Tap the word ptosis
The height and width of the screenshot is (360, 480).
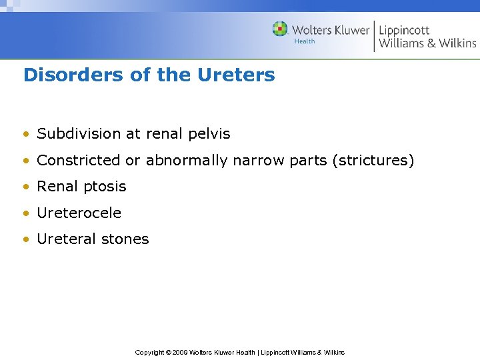pyautogui.click(x=104, y=187)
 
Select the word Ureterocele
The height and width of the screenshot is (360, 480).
pyautogui.click(x=79, y=213)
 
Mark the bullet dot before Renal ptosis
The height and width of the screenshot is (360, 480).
pyautogui.click(x=26, y=187)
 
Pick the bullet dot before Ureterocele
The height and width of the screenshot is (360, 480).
pyautogui.click(x=26, y=213)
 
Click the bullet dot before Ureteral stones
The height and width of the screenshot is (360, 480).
pyautogui.click(x=26, y=239)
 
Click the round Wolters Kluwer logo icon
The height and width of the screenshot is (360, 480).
pyautogui.click(x=280, y=29)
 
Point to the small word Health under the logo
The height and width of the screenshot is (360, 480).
pyautogui.click(x=304, y=41)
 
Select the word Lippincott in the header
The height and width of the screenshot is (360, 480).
pyautogui.click(x=404, y=30)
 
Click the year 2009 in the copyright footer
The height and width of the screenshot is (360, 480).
pyautogui.click(x=179, y=352)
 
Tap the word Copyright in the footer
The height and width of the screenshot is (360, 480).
pyautogui.click(x=150, y=352)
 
